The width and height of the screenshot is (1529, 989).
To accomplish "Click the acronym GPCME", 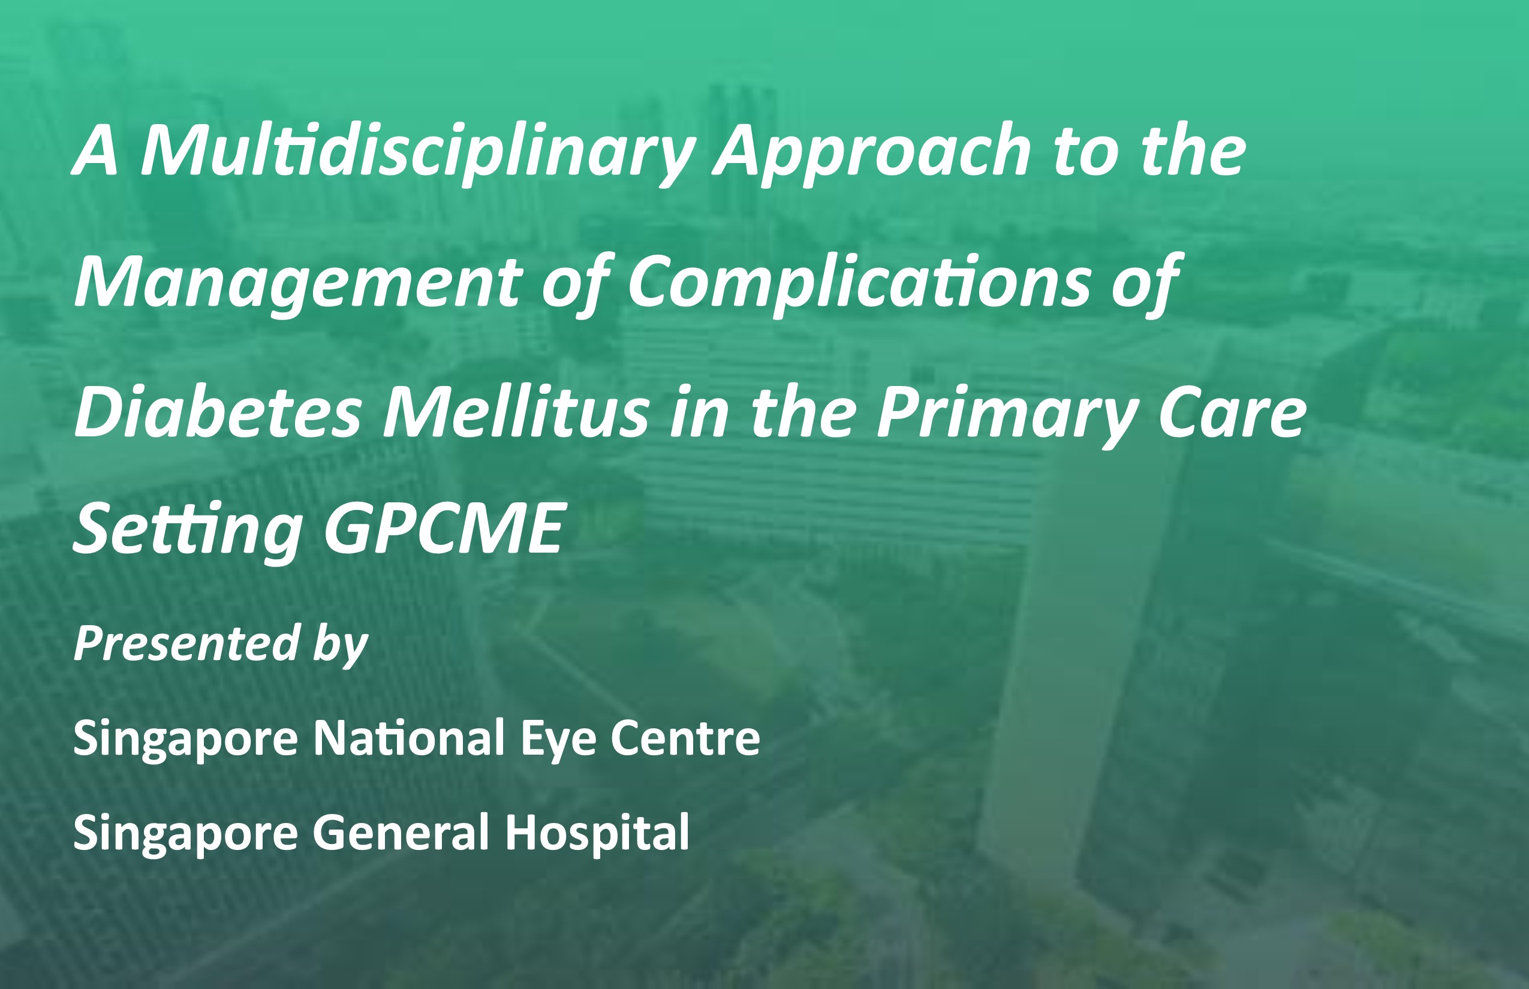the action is pyautogui.click(x=444, y=529).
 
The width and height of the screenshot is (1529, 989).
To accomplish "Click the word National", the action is pyautogui.click(x=408, y=738).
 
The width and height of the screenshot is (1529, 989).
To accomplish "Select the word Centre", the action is pyautogui.click(x=685, y=738).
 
